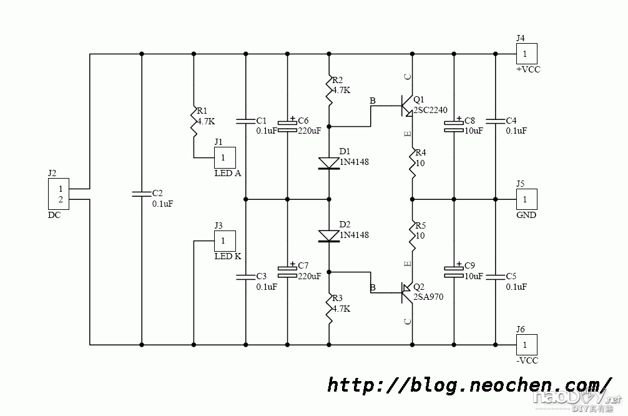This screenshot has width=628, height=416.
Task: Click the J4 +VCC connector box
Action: click(x=526, y=54)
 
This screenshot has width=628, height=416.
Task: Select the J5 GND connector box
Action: click(x=526, y=199)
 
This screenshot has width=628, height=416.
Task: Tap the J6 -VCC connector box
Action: click(x=526, y=344)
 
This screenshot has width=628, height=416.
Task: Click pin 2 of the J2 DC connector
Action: click(x=61, y=200)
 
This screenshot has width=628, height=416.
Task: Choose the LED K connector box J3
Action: click(x=225, y=241)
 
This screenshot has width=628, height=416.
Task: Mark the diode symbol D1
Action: click(x=329, y=163)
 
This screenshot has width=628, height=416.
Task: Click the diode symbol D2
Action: click(x=329, y=235)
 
